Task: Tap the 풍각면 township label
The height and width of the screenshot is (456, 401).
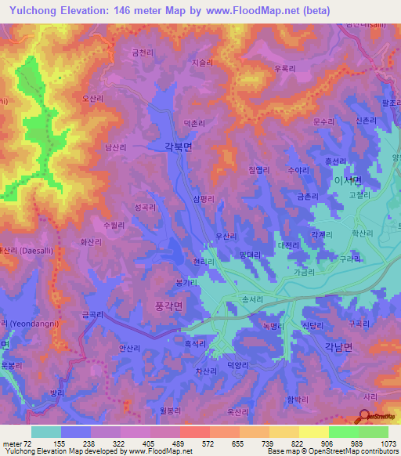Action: tap(164, 309)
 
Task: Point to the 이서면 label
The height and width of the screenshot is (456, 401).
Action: tap(346, 179)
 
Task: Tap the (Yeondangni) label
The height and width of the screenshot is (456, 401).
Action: tap(33, 323)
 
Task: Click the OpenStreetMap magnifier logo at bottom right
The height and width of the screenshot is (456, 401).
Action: tap(364, 417)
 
